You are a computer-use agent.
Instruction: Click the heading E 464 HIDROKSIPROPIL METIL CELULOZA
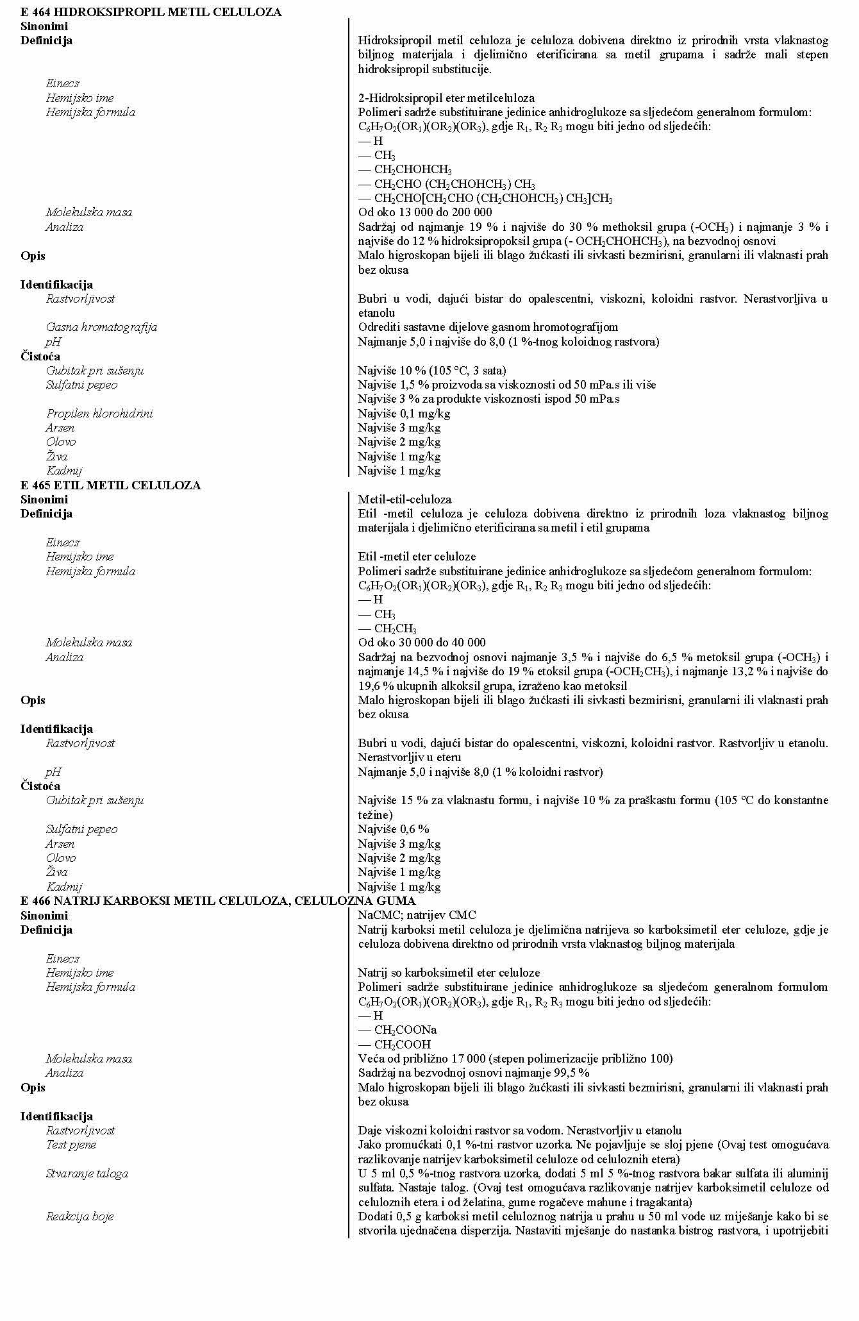(151, 12)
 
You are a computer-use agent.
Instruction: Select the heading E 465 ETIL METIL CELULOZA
(110, 485)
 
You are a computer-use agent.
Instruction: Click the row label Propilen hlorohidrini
(99, 414)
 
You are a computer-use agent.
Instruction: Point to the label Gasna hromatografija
(101, 327)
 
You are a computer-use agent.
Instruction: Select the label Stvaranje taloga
(87, 1174)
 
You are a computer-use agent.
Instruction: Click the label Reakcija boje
(79, 1216)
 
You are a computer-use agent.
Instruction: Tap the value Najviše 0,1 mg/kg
(404, 414)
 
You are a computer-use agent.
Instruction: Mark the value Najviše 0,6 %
(394, 829)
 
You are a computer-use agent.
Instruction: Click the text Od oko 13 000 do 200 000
(425, 212)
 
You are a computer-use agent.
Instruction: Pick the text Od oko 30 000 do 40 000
(422, 643)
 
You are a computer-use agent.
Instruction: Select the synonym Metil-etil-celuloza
(404, 500)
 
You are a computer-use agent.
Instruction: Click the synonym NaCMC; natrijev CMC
(417, 915)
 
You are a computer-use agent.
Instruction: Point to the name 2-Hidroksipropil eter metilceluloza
(446, 98)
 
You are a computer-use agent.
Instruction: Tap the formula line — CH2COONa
(397, 1030)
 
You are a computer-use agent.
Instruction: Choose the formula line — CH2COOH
(394, 1045)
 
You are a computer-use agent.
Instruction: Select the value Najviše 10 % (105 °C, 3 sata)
(432, 371)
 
